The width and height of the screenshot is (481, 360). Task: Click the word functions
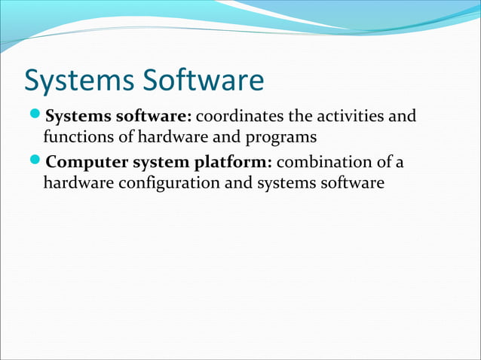[75, 138]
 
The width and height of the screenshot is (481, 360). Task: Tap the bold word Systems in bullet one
[77, 117]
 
